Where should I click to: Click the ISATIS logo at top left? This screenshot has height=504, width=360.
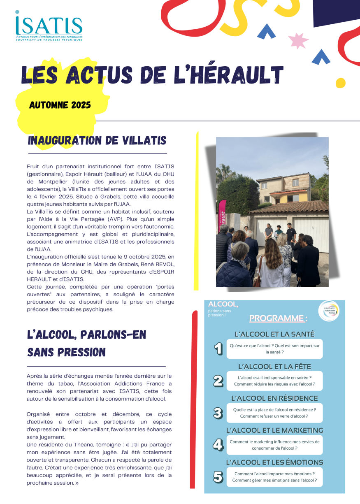click(49, 27)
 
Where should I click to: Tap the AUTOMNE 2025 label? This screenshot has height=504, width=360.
click(60, 105)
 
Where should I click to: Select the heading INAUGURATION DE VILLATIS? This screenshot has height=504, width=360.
click(97, 141)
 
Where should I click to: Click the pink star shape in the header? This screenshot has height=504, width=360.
click(298, 40)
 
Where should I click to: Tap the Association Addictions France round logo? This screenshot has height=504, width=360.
click(329, 311)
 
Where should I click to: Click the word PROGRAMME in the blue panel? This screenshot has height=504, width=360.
click(276, 318)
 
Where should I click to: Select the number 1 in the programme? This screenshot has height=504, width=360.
click(218, 349)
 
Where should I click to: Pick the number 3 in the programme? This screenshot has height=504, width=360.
click(218, 413)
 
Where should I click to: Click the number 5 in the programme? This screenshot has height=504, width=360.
click(218, 477)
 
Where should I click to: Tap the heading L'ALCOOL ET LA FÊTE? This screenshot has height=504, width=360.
click(274, 367)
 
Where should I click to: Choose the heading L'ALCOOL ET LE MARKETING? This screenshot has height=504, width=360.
click(274, 430)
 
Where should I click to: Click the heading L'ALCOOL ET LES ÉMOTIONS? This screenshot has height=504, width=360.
click(274, 462)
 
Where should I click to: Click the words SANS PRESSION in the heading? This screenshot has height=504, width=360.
click(66, 353)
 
